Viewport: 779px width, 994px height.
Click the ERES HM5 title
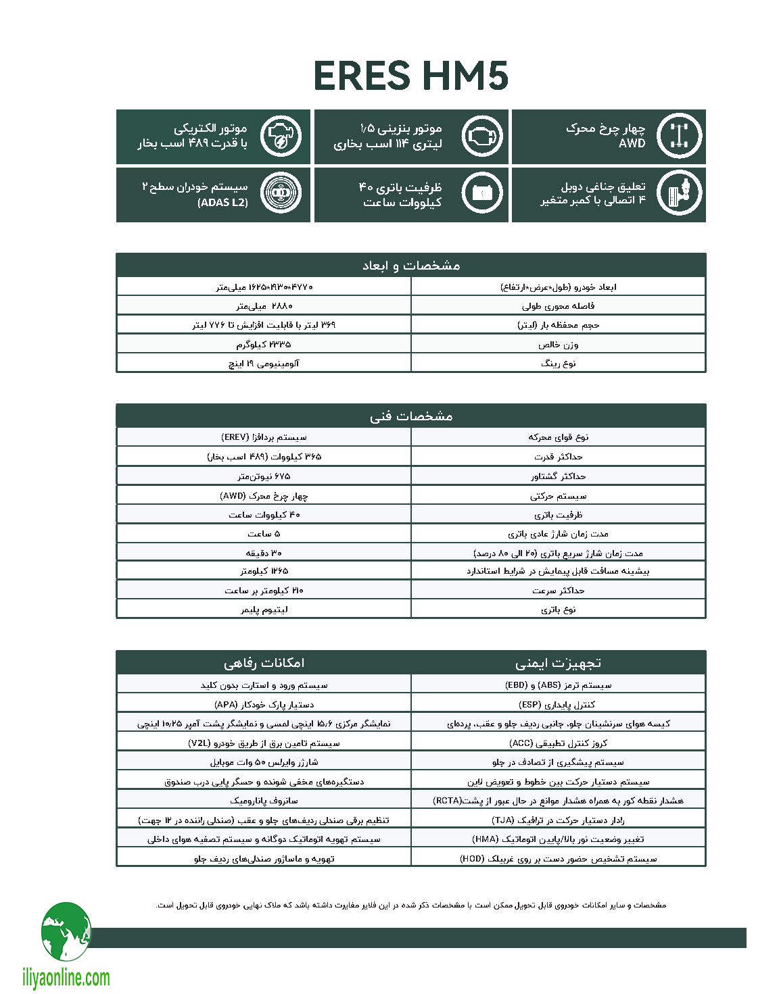pyautogui.click(x=410, y=76)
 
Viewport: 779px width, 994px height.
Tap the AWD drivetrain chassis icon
pyautogui.click(x=679, y=136)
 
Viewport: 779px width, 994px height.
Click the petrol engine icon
pyautogui.click(x=482, y=136)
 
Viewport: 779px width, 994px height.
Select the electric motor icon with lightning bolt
pyautogui.click(x=281, y=136)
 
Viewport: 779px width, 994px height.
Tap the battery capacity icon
pyautogui.click(x=482, y=194)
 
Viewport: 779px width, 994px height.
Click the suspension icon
pyautogui.click(x=679, y=194)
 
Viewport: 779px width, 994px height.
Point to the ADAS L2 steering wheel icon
pyautogui.click(x=281, y=194)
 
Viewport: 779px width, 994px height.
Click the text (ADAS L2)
pyautogui.click(x=222, y=202)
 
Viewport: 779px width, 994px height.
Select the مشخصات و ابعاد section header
pyautogui.click(x=410, y=265)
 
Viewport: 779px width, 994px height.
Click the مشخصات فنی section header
pyautogui.click(x=410, y=416)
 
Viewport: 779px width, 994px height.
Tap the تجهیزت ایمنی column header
pyautogui.click(x=558, y=663)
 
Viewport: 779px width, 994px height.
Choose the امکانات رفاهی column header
pyautogui.click(x=264, y=663)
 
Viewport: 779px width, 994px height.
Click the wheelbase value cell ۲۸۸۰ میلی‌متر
pyautogui.click(x=264, y=306)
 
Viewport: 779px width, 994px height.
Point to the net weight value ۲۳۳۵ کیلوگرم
pyautogui.click(x=264, y=345)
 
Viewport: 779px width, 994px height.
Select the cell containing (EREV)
pyautogui.click(x=264, y=437)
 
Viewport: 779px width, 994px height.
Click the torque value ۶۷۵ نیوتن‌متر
pyautogui.click(x=264, y=476)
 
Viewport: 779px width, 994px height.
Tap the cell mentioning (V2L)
pyautogui.click(x=264, y=743)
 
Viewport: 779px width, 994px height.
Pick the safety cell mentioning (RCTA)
pyautogui.click(x=558, y=801)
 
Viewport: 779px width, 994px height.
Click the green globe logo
pyautogui.click(x=66, y=933)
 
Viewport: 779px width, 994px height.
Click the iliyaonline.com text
pyautogui.click(x=66, y=978)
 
